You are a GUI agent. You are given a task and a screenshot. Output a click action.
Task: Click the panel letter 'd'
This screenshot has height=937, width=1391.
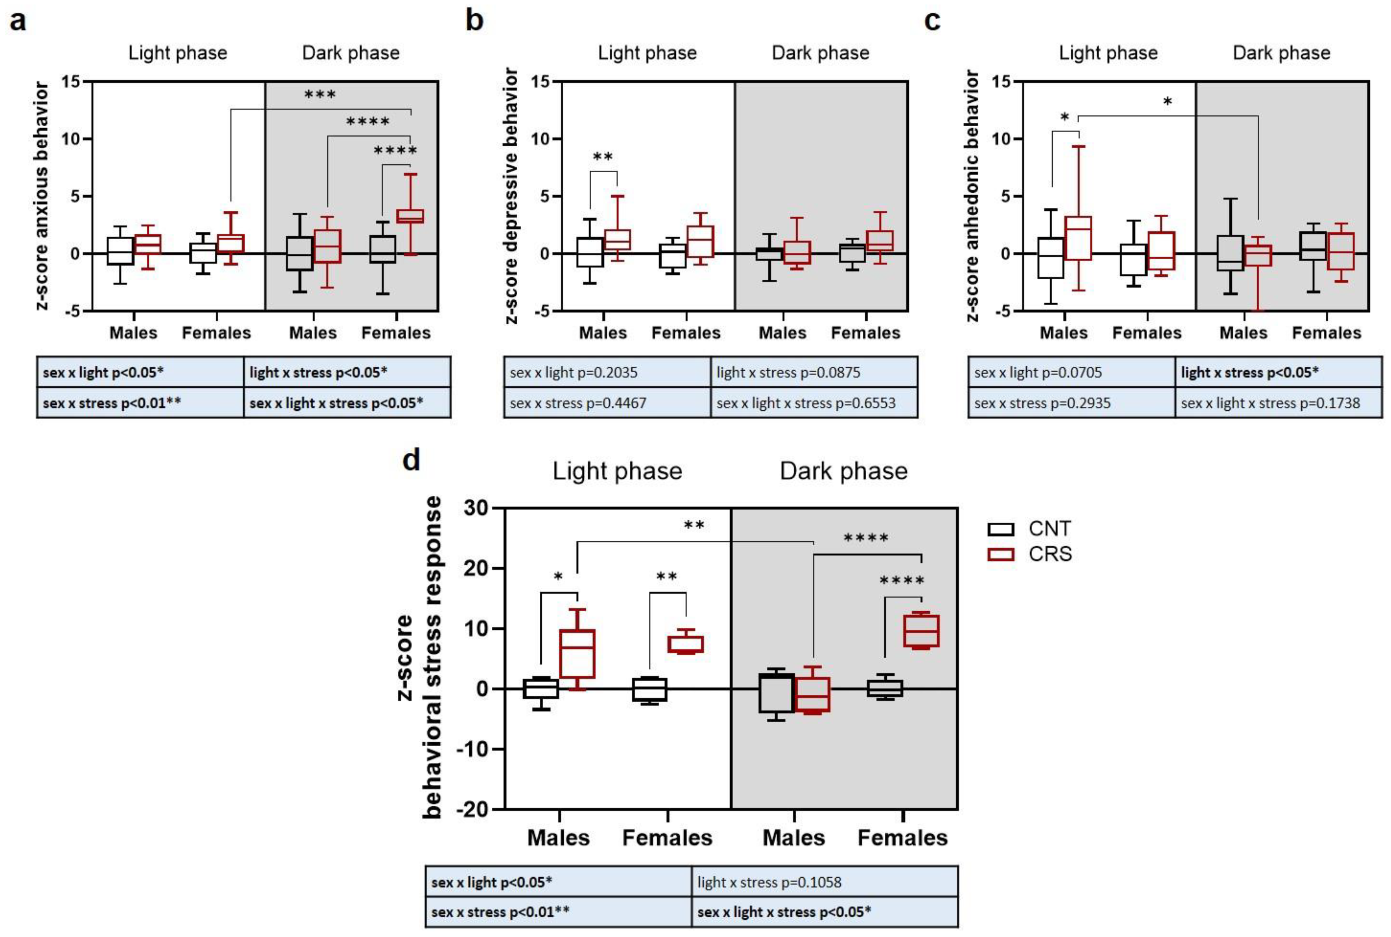tap(411, 460)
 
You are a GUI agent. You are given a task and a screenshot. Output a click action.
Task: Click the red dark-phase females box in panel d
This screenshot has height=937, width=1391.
tap(921, 631)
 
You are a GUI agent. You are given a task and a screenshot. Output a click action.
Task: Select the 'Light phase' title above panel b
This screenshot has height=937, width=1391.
tap(647, 53)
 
